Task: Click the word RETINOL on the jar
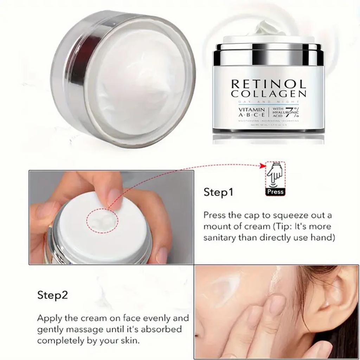pos(269,84)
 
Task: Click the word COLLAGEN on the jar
pos(269,94)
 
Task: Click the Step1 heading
pos(218,192)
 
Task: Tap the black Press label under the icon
pos(276,192)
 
